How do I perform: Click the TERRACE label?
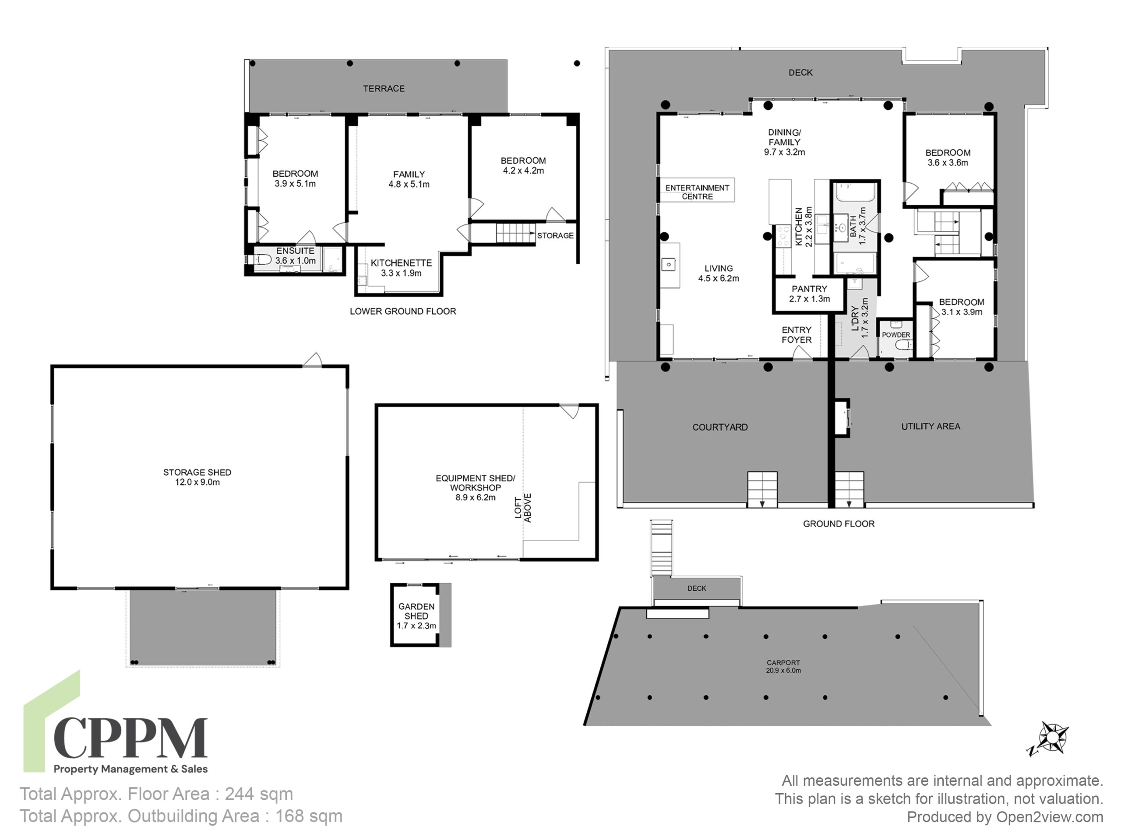coord(384,89)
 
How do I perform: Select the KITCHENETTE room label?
coord(401,263)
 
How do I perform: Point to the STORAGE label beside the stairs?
coord(555,235)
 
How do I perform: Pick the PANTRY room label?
coord(809,289)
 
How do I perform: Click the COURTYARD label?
coord(720,427)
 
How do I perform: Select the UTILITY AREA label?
coord(931,426)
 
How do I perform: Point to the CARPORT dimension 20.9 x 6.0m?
coord(783,670)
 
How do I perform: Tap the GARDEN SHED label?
coord(416,611)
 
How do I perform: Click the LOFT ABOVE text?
coord(523,508)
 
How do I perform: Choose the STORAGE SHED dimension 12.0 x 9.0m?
coord(197,482)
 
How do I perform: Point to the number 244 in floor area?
coord(240,794)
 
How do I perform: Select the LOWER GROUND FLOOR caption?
coord(403,311)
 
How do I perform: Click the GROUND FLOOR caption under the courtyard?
coord(839,524)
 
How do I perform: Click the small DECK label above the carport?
coord(697,588)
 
